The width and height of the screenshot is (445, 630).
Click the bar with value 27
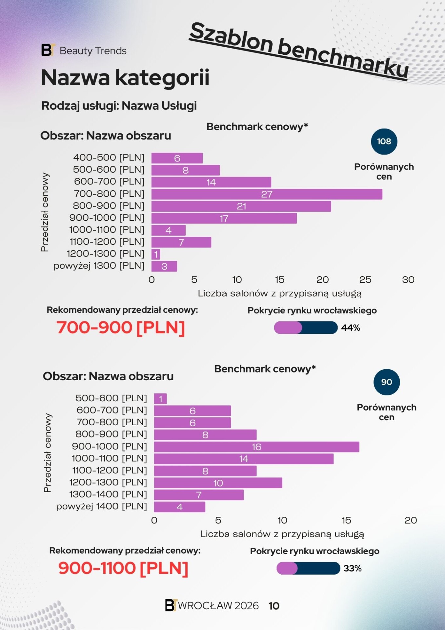coord(267,194)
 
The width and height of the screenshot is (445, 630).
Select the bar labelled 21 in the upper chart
coord(241,206)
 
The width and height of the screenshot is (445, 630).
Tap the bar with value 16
coord(256,447)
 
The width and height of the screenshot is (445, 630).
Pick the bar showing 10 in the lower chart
coord(218,483)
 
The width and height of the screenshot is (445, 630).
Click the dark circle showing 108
coord(384,141)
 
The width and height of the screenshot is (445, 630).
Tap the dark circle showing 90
coord(387,382)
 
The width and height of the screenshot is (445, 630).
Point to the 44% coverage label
coord(351,328)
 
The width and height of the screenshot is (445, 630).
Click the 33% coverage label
coord(353,568)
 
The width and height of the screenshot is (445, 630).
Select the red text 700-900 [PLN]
coord(121,327)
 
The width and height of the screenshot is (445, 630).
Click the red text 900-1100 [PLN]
coord(123,568)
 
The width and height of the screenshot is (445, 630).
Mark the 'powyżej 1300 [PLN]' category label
coord(99,265)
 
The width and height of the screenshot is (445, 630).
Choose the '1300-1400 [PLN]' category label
coord(108,494)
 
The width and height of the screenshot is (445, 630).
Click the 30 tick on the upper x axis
coord(408,280)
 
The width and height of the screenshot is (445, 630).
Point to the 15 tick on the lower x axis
coord(346,520)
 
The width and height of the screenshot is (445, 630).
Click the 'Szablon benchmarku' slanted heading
coord(299,51)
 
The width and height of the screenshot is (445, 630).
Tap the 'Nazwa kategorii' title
coord(125,78)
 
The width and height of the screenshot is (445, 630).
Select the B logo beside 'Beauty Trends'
coord(48,50)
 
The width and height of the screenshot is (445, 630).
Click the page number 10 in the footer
coord(274,606)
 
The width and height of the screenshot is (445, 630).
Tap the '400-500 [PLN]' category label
coord(109,157)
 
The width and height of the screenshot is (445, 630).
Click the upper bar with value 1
coord(156,254)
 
